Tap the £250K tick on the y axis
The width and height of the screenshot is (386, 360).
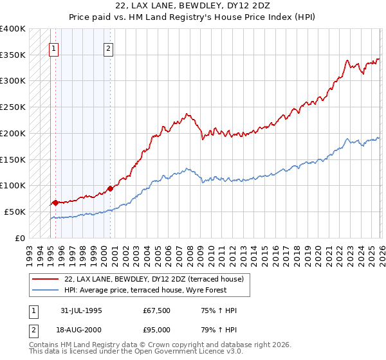click(13, 107)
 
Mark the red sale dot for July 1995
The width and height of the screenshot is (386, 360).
click(56, 203)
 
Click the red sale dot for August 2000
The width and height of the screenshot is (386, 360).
click(110, 188)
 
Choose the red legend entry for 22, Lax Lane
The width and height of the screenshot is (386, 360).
click(153, 280)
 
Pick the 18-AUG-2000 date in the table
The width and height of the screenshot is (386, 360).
click(81, 330)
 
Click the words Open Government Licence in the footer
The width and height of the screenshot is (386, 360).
click(188, 352)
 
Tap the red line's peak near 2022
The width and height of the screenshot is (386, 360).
click(347, 60)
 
